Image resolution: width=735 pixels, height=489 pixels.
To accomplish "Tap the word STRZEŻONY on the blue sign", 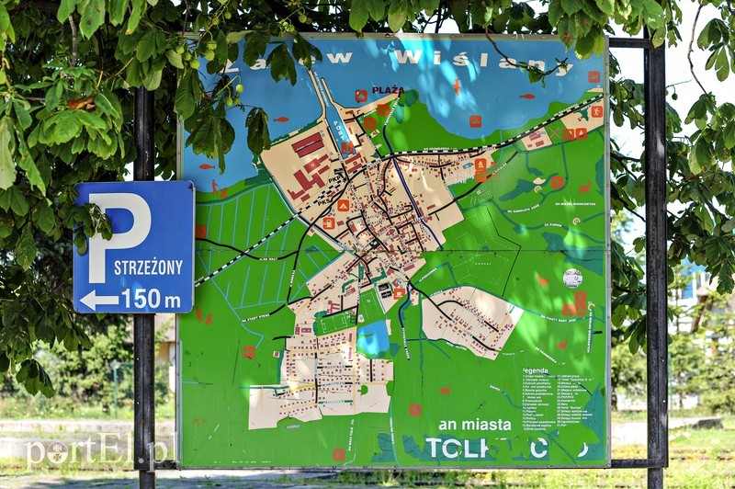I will coord(148,267).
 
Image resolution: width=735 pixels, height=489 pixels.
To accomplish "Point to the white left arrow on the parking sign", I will coord(98,300).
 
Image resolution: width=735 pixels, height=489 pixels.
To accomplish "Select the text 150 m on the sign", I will coord(152,299).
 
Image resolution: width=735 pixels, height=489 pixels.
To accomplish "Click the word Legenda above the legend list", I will coord(535,370).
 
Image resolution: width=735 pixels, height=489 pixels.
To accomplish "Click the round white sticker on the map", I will coord(572,278).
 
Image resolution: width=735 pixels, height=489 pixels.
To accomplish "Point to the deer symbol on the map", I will coord(584,187).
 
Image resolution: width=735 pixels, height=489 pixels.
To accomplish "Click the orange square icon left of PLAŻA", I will coord(361,95).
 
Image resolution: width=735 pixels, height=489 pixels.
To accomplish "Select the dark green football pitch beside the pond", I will coord(336,322).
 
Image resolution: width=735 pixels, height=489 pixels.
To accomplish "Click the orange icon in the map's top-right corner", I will coord(594,77).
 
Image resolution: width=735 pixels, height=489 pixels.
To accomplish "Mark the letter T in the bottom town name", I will coord(434,448).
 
